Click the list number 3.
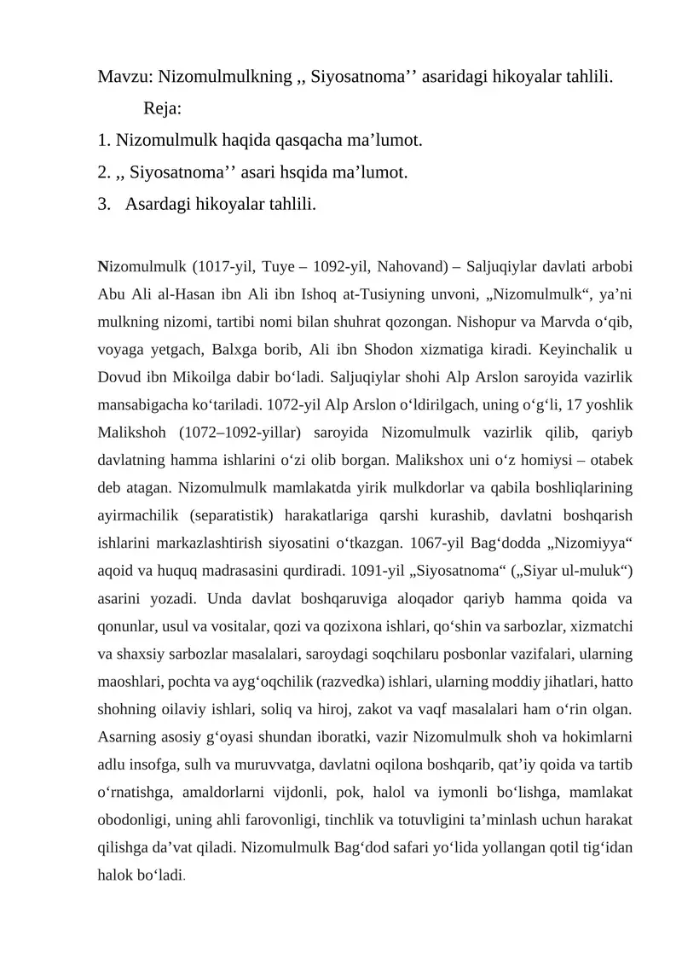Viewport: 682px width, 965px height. point(103,205)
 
